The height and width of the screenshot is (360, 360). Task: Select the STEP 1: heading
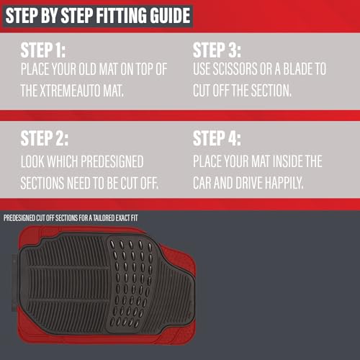click(43, 50)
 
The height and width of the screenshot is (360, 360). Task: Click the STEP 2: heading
click(45, 138)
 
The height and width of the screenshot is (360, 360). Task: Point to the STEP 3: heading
click(217, 50)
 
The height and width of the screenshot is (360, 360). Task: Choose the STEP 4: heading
click(217, 138)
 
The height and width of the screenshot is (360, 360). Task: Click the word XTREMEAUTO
click(70, 91)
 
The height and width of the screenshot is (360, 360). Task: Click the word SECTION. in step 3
click(271, 91)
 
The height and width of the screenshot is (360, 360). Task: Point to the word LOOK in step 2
click(32, 161)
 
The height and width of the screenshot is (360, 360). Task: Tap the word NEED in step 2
click(78, 183)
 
